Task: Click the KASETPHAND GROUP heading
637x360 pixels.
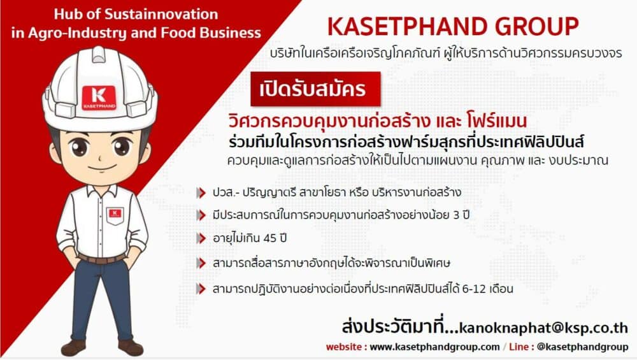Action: tap(452, 26)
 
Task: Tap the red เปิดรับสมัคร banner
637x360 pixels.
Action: tap(315, 89)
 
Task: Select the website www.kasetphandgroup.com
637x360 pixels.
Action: tap(434, 347)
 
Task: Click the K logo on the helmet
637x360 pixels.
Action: tap(99, 97)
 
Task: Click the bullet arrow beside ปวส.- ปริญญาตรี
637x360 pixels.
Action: tap(203, 192)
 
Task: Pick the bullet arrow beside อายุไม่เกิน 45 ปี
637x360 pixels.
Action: tap(203, 238)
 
